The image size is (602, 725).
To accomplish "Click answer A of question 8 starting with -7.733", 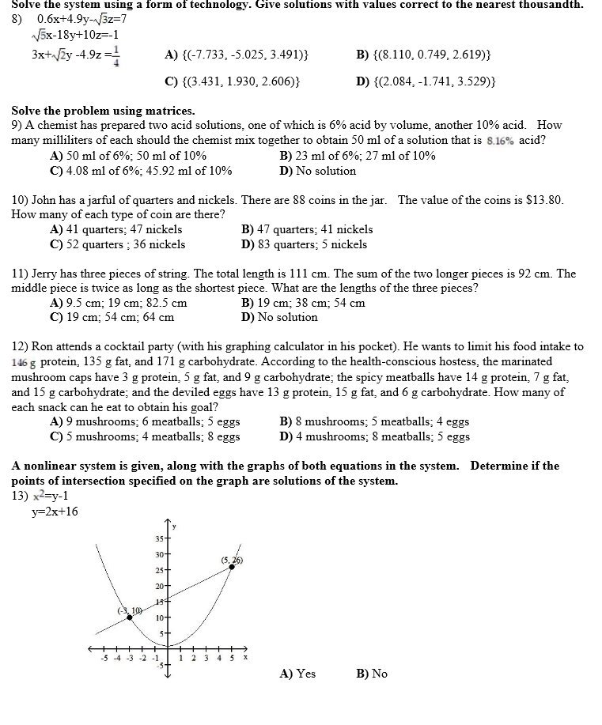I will (237, 55).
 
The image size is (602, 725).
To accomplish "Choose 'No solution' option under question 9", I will (318, 171).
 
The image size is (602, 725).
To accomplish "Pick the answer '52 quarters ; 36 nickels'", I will (118, 244).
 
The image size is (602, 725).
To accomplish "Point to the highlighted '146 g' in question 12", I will (25, 361).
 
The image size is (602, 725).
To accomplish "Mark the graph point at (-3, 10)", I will (130, 617).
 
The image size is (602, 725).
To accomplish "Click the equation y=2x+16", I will (55, 512).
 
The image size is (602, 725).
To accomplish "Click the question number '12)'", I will (21, 346).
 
